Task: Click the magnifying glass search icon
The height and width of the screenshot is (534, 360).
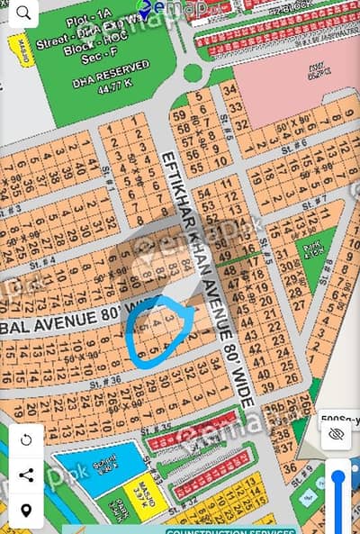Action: pos(22,13)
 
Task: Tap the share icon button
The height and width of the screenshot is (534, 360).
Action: pos(26,475)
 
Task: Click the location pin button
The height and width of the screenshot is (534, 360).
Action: pos(26,510)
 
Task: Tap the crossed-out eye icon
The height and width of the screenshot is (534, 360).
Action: pos(337,434)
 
